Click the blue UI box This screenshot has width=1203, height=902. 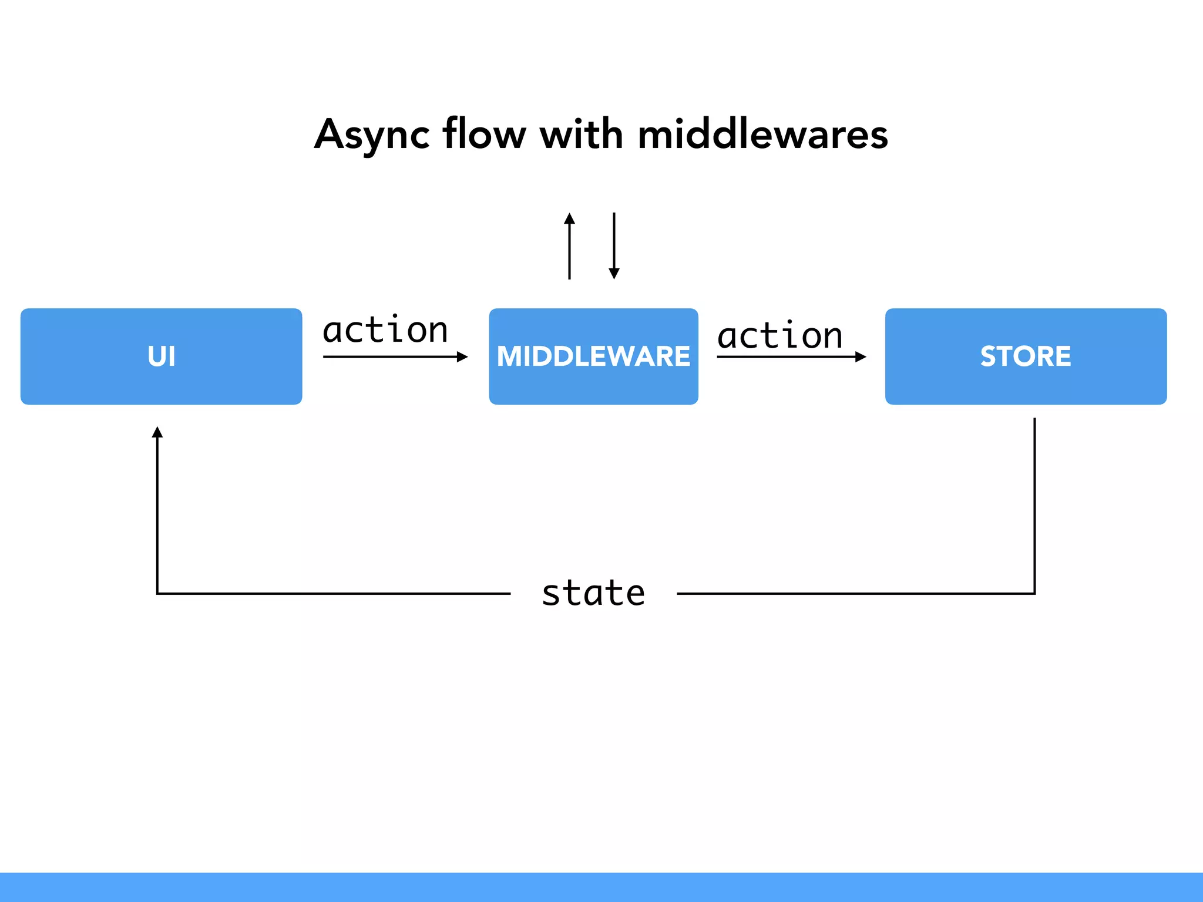[161, 356]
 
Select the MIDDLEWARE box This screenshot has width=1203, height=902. [593, 356]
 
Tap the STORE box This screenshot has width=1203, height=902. [1026, 356]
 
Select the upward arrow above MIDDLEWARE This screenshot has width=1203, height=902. [569, 247]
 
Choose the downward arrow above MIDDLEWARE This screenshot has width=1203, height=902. [614, 247]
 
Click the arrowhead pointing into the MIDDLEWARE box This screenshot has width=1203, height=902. [462, 356]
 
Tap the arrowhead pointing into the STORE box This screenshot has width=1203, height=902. [861, 356]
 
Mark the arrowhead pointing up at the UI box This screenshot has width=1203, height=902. [157, 433]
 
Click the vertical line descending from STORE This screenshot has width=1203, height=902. [1034, 505]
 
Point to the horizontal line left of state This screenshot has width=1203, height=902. [335, 594]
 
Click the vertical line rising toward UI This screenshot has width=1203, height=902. [157, 517]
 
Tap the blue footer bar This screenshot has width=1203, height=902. [601, 887]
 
